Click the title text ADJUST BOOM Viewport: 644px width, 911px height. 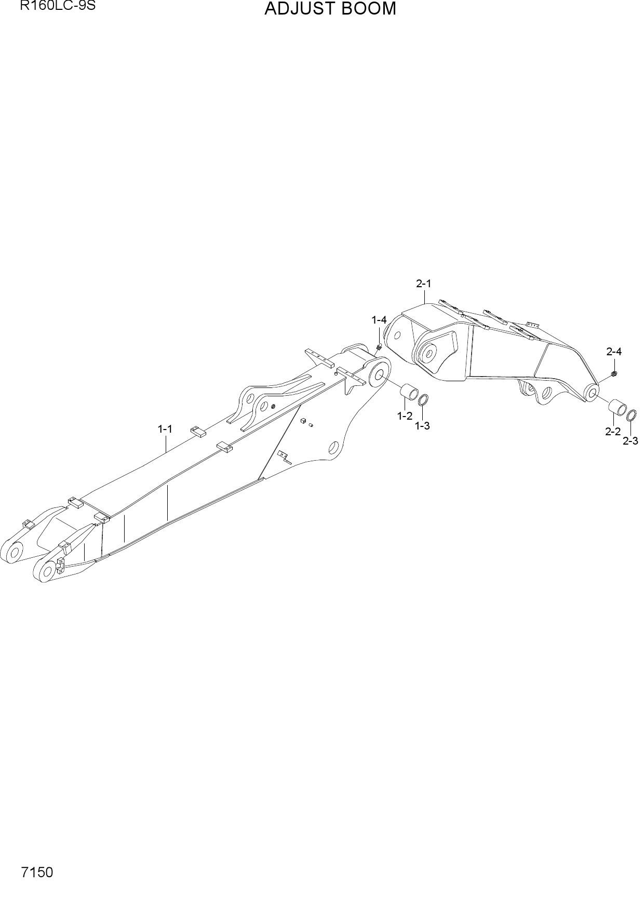(x=330, y=9)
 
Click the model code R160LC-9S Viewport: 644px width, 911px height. (x=58, y=7)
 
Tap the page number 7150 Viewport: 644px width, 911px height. (x=37, y=872)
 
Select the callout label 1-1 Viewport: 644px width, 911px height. (x=165, y=429)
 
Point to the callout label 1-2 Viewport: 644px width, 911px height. (x=405, y=416)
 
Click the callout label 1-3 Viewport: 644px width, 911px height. (x=422, y=426)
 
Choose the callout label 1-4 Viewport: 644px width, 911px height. (x=379, y=320)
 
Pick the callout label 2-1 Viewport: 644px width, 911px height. (x=423, y=284)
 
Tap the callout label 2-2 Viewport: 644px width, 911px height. (x=613, y=431)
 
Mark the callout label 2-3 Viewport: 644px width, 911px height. (x=630, y=440)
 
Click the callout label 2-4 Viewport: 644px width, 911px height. (x=614, y=352)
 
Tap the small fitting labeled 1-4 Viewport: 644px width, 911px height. (x=379, y=346)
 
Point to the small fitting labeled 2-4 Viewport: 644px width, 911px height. (x=614, y=373)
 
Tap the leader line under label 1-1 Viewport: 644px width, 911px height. (x=166, y=444)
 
